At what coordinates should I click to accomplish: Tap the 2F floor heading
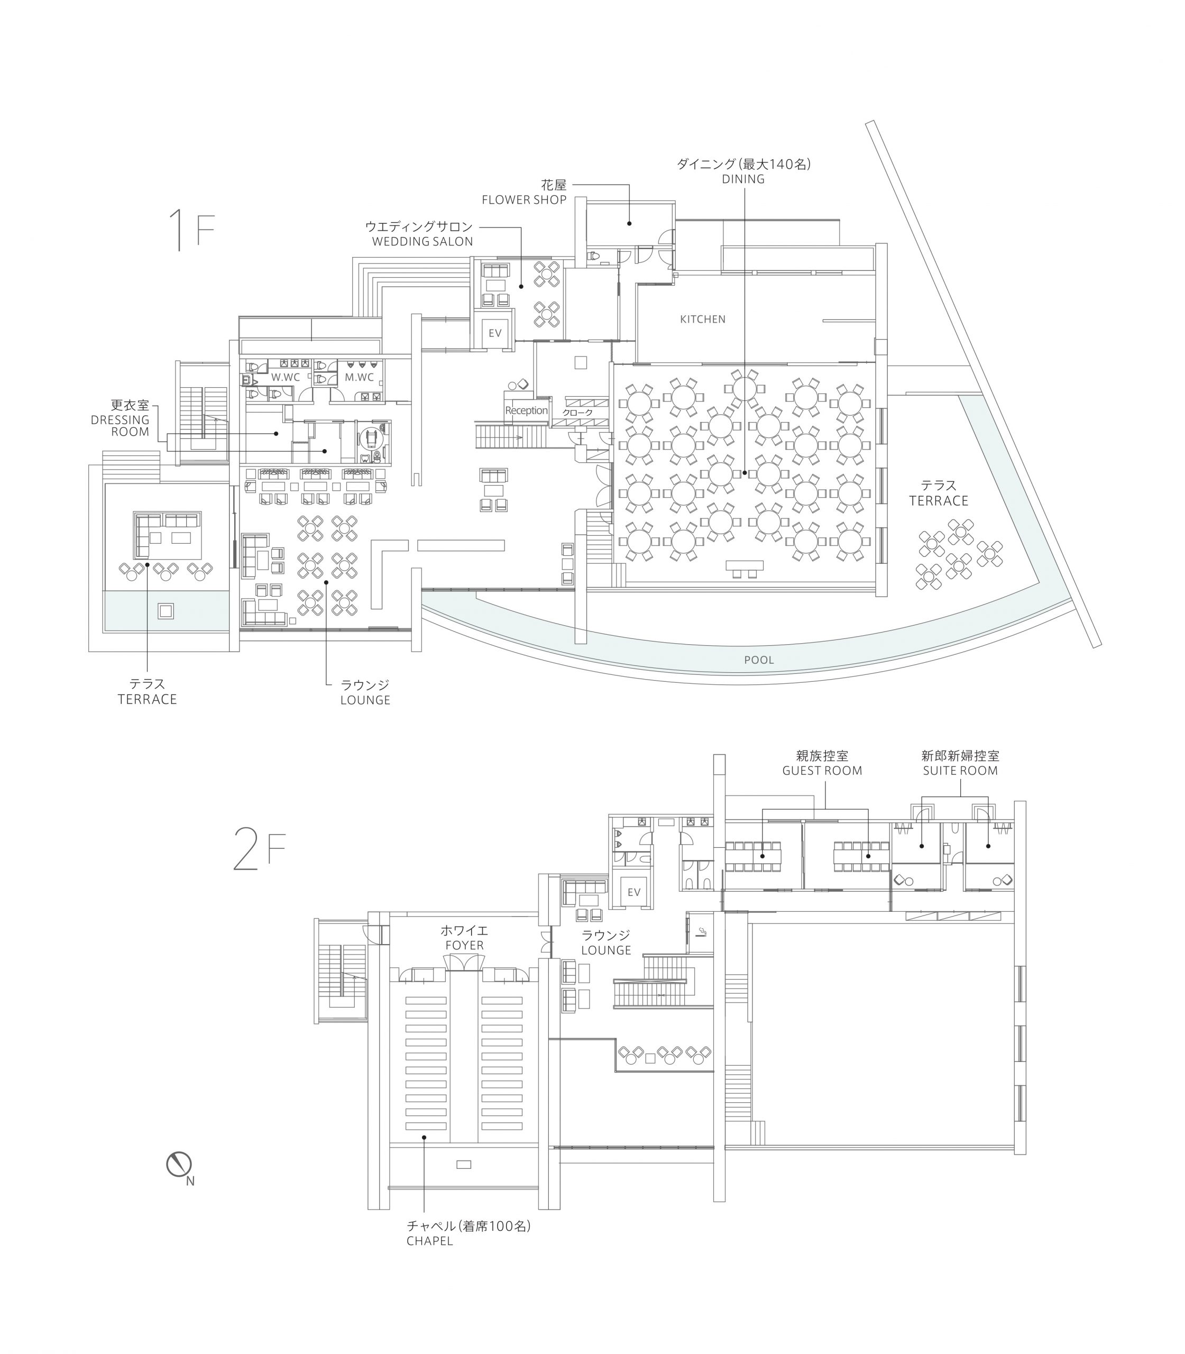click(x=259, y=849)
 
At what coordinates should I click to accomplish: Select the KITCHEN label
click(x=702, y=319)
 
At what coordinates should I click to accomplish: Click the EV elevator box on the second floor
click(x=633, y=892)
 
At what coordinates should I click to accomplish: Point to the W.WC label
click(x=285, y=377)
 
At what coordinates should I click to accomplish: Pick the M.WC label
click(x=359, y=377)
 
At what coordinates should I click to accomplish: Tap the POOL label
click(x=758, y=660)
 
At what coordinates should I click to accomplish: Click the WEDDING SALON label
click(x=422, y=241)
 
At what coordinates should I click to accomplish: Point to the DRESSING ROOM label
click(x=121, y=425)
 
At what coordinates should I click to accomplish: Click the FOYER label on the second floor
click(x=464, y=945)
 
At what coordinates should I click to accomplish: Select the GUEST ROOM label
click(x=822, y=771)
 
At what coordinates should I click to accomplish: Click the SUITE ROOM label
click(x=960, y=771)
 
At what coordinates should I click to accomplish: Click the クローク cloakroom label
click(x=577, y=413)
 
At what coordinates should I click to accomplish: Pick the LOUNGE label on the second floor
click(x=606, y=950)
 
